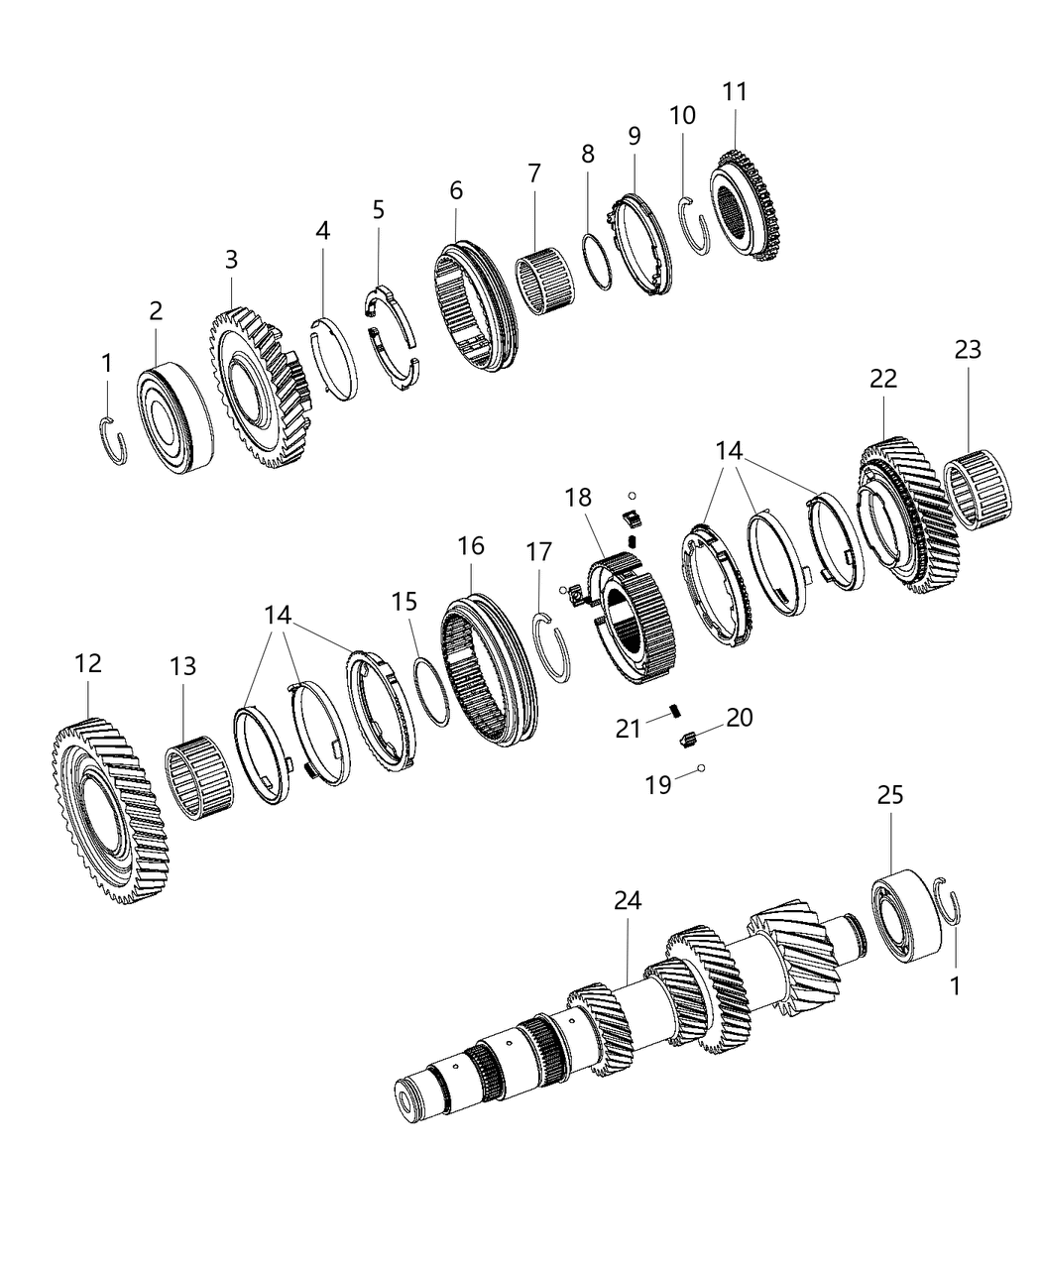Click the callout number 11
click(x=735, y=91)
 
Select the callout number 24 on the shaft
click(x=628, y=900)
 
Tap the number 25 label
click(x=889, y=795)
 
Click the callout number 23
click(x=968, y=349)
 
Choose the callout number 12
click(x=88, y=663)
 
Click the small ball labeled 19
click(x=701, y=767)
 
